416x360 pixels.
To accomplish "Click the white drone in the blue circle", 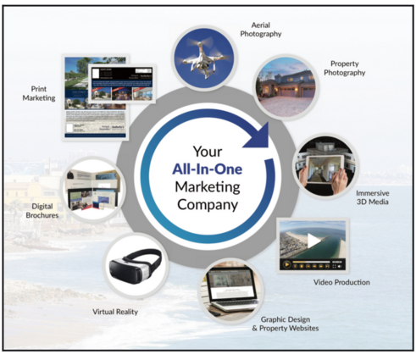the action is click(x=204, y=58).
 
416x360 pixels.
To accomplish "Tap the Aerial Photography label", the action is click(x=261, y=30).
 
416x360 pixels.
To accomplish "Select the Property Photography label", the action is click(x=344, y=68).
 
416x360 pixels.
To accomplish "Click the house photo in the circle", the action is click(x=286, y=87).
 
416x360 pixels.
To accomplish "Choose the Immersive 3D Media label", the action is click(x=372, y=197).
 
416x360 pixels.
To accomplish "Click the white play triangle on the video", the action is click(x=313, y=241).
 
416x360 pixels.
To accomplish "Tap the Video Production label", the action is click(x=341, y=282).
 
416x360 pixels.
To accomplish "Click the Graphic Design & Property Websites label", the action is click(x=286, y=324).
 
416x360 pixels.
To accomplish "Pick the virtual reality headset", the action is click(x=136, y=265).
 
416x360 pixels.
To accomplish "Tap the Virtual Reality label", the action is click(x=115, y=312).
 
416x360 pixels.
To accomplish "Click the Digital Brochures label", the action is click(x=42, y=211).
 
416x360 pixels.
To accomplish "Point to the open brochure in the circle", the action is click(x=93, y=190).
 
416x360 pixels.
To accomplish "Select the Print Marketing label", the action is click(x=39, y=93).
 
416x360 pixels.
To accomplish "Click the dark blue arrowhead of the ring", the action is click(x=258, y=136).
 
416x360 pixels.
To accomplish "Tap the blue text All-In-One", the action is click(x=208, y=169).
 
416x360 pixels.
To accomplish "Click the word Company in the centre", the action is click(x=208, y=205).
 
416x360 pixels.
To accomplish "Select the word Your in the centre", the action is click(x=208, y=152).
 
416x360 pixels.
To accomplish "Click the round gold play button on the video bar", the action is click(x=286, y=264).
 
